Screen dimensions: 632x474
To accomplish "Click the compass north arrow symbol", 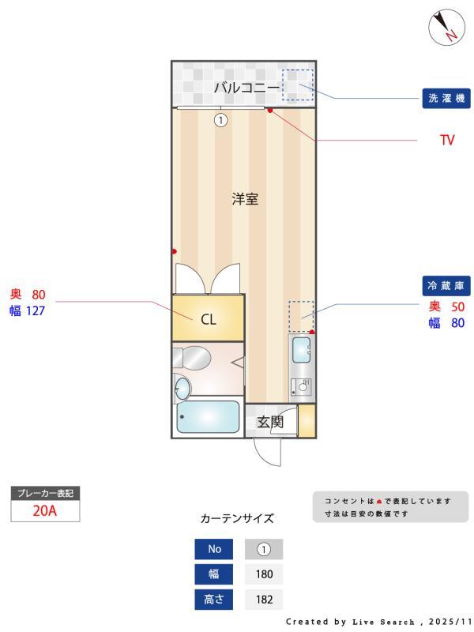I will (x=446, y=28).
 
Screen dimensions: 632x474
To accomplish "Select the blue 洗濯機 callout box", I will (x=446, y=99).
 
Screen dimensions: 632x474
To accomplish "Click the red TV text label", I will (x=447, y=141).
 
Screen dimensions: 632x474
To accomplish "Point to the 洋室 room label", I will (x=245, y=199).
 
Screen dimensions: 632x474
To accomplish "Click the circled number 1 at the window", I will (x=220, y=120).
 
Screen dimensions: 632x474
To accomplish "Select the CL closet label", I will (x=208, y=319).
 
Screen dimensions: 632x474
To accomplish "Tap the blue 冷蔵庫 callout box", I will (x=446, y=285).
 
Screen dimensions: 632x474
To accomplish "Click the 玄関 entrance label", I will (x=270, y=422).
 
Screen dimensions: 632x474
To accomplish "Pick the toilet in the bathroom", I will (x=194, y=358).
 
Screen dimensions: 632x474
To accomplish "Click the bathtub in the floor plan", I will (x=208, y=417).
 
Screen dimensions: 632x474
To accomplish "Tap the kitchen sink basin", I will (x=302, y=348).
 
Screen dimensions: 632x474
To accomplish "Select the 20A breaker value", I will (x=44, y=510).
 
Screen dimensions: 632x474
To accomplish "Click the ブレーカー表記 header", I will (x=44, y=493).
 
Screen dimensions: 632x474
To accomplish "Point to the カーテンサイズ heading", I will (x=237, y=518).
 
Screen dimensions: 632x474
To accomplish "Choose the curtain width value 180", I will (x=264, y=574).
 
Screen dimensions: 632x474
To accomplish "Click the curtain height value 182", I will (x=264, y=600).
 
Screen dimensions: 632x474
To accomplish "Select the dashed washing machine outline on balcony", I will (x=299, y=85).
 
